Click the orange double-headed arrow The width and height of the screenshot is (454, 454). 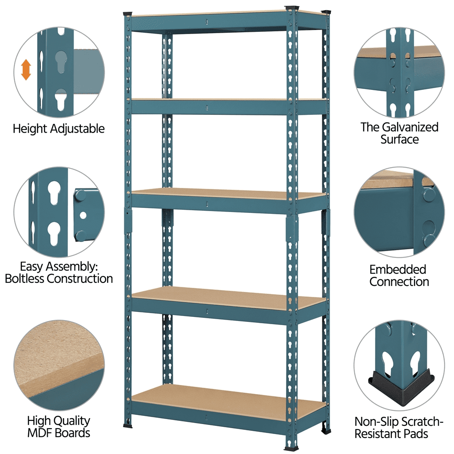[26, 70]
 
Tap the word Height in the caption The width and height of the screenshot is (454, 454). [30, 129]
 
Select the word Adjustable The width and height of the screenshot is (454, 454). [77, 129]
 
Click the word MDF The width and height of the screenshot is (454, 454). [39, 433]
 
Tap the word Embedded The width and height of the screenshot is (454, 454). [398, 270]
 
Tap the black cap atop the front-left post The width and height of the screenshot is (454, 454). [128, 14]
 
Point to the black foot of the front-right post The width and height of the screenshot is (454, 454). [291, 449]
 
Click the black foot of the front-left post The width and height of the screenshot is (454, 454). [128, 426]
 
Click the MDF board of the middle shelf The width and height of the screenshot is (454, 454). [229, 193]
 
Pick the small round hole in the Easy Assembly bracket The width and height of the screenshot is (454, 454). [83, 215]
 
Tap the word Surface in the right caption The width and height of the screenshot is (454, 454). [400, 139]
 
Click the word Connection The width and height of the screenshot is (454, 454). [399, 282]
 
